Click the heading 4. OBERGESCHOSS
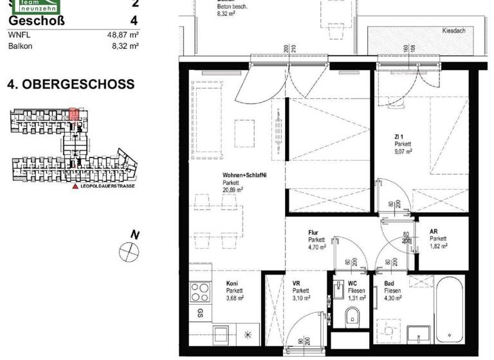[x=71, y=84]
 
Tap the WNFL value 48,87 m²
[x=123, y=35]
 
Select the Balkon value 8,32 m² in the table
[x=125, y=46]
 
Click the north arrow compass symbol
[x=129, y=251]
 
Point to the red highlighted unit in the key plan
[x=74, y=114]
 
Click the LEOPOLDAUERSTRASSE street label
[x=103, y=186]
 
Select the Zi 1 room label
[x=399, y=137]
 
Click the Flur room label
[x=315, y=233]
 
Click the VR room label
[x=297, y=283]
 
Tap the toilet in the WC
[x=352, y=316]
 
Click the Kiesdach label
[x=454, y=31]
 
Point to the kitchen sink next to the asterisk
[x=223, y=336]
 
